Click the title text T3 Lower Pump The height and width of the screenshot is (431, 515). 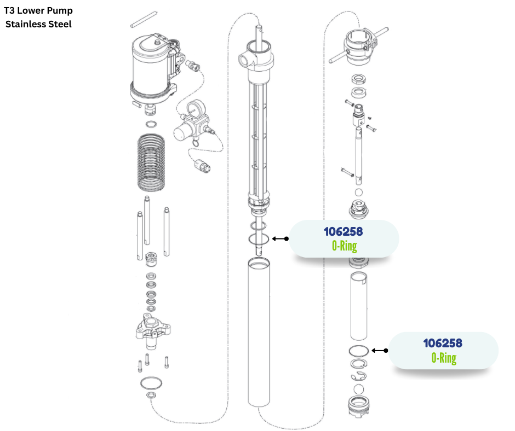38,11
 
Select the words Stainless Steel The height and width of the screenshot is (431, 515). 38,24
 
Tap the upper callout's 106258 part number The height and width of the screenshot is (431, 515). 343,231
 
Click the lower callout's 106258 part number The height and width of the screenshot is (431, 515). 443,343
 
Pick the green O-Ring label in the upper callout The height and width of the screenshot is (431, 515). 344,246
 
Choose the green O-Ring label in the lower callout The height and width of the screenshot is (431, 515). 443,358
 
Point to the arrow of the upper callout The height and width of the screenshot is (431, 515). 280,238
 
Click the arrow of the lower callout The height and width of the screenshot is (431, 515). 379,351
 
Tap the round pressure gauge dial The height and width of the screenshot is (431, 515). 193,110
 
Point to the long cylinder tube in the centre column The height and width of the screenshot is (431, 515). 260,334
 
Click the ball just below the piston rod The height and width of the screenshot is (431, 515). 359,193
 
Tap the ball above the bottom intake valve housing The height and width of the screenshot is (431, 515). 359,389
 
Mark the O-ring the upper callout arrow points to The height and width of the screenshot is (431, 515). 258,238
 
